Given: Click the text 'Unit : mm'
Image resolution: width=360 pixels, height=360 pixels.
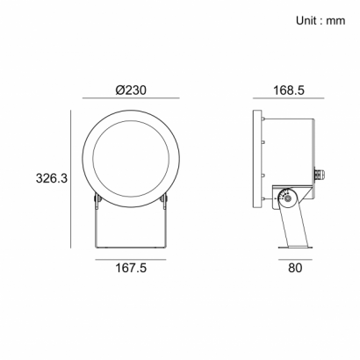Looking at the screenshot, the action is pyautogui.click(x=320, y=21).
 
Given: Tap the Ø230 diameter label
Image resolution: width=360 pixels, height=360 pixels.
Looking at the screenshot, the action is pyautogui.click(x=131, y=90).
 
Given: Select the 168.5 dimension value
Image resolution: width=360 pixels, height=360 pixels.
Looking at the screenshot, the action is pyautogui.click(x=289, y=90).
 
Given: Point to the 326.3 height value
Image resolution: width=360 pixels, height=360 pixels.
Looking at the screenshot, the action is pyautogui.click(x=52, y=178).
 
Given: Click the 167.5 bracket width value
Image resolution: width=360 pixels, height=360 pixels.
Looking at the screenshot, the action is pyautogui.click(x=131, y=268).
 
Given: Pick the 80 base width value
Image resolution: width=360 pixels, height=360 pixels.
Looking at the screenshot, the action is pyautogui.click(x=295, y=268).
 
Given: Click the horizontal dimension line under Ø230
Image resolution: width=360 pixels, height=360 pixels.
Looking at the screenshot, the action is pyautogui.click(x=131, y=98).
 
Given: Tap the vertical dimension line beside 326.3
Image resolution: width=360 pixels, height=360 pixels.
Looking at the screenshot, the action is pyautogui.click(x=70, y=179).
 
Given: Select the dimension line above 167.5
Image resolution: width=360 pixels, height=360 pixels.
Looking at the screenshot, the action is pyautogui.click(x=131, y=259).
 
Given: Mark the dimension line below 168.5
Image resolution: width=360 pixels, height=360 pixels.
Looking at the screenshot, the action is pyautogui.click(x=289, y=98).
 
